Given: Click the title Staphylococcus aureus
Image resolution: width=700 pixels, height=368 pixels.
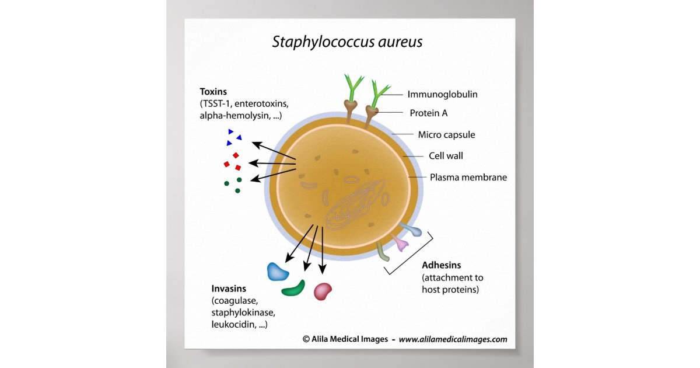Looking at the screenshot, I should [347, 42].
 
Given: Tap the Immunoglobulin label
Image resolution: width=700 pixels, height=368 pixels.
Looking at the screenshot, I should [446, 93].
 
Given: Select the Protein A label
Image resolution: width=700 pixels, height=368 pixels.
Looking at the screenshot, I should [428, 113].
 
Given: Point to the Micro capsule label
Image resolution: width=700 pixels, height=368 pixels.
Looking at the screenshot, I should [446, 135].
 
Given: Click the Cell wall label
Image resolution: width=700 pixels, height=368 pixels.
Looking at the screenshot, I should [446, 156].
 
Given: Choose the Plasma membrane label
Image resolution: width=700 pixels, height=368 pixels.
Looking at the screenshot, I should [468, 177].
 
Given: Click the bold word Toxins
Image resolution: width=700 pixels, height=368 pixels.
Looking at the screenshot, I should [213, 92].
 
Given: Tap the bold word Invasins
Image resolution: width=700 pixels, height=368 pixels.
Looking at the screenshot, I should [229, 289].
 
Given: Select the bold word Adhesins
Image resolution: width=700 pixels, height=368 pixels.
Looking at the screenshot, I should [442, 265].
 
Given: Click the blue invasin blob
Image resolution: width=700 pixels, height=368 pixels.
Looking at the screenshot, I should [278, 271].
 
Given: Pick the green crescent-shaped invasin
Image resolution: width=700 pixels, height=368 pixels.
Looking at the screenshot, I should [293, 287].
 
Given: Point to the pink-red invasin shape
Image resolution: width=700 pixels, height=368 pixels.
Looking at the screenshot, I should [323, 290].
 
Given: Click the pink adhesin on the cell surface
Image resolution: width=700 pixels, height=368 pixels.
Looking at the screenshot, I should [400, 243].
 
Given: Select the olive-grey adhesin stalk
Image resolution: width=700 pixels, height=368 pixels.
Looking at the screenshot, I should [383, 252].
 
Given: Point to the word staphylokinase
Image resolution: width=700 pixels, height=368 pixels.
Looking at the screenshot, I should [239, 313].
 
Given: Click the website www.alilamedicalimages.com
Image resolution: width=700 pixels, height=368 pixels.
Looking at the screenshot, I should [453, 339].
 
